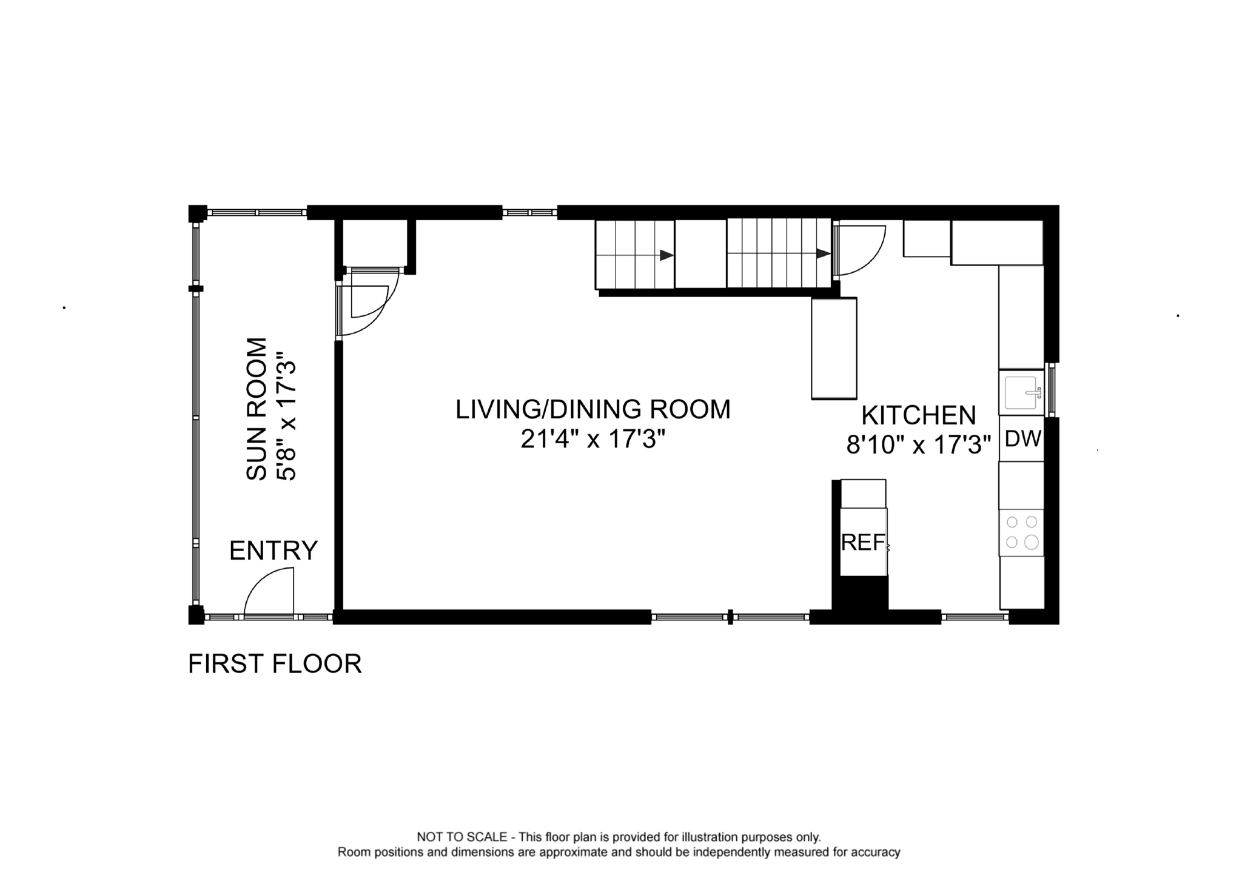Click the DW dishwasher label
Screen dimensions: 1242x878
(1022, 438)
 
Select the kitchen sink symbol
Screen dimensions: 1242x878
(1022, 393)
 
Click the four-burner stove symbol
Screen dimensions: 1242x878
(1022, 532)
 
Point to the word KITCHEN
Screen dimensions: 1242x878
(918, 416)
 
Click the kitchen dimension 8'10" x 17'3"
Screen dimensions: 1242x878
(918, 446)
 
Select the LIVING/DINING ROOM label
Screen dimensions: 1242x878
(592, 409)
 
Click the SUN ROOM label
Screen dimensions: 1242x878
(257, 409)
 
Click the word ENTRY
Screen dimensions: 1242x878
(274, 551)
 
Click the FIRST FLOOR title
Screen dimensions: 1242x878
(275, 664)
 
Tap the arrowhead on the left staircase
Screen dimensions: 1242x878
(666, 255)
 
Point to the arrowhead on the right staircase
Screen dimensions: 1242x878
(823, 253)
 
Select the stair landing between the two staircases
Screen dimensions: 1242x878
(700, 253)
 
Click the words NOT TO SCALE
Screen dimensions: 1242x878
(462, 837)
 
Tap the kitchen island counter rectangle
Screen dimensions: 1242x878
(834, 348)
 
